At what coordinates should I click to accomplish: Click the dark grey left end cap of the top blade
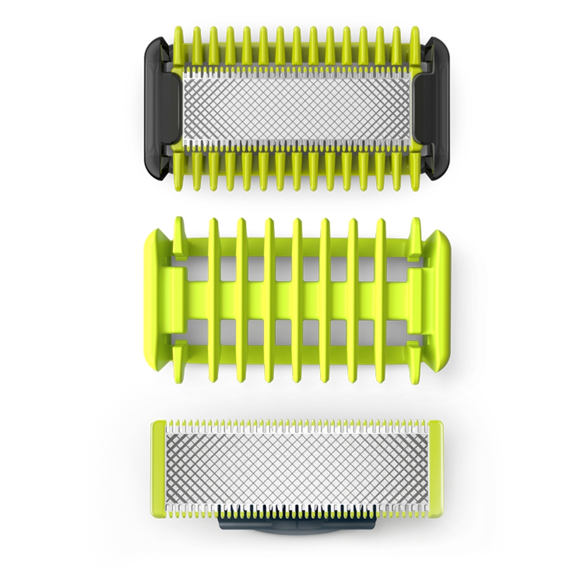pyautogui.click(x=156, y=109)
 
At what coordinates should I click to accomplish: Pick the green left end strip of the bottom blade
pyautogui.click(x=158, y=468)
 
